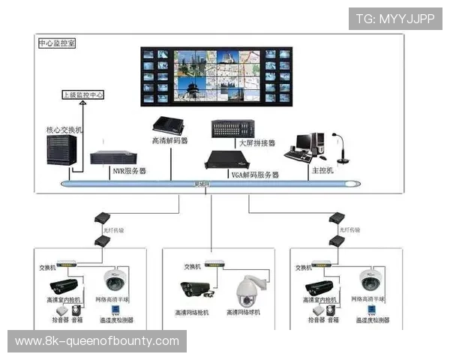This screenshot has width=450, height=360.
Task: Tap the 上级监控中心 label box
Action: pyautogui.click(x=82, y=96)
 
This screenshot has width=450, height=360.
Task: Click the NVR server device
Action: pyautogui.click(x=113, y=158)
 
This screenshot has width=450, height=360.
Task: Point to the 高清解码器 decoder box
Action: pyautogui.click(x=168, y=125)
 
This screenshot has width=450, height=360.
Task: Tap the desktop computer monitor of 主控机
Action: pyautogui.click(x=306, y=142)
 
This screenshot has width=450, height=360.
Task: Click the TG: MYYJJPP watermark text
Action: pyautogui.click(x=394, y=19)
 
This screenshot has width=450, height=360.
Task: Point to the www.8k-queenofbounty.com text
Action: pyautogui.click(x=97, y=341)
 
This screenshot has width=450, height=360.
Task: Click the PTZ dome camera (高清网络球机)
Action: pyautogui.click(x=247, y=290)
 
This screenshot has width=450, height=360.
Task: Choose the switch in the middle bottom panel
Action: pyautogui.click(x=214, y=264)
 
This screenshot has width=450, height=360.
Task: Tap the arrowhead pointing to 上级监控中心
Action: pyautogui.click(x=82, y=106)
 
